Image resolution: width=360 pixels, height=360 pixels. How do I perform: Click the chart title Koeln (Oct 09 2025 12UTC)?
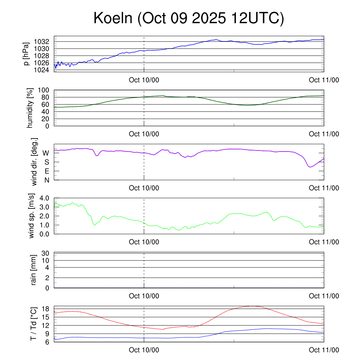[188, 18]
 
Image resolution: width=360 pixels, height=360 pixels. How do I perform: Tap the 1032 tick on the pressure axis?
[44, 42]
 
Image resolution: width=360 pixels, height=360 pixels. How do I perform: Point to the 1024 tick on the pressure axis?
[44, 70]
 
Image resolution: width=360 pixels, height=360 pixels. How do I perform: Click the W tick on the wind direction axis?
[46, 153]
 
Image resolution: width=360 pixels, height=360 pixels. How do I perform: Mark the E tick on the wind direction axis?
[46, 171]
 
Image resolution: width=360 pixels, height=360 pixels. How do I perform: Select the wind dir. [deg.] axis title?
[34, 162]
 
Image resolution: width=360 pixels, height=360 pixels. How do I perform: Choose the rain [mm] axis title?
[34, 270]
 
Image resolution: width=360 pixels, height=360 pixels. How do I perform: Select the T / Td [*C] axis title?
[33, 323]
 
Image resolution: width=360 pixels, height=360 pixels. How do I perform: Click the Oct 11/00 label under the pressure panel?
[324, 80]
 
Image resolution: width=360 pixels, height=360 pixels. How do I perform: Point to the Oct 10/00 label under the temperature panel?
[144, 350]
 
